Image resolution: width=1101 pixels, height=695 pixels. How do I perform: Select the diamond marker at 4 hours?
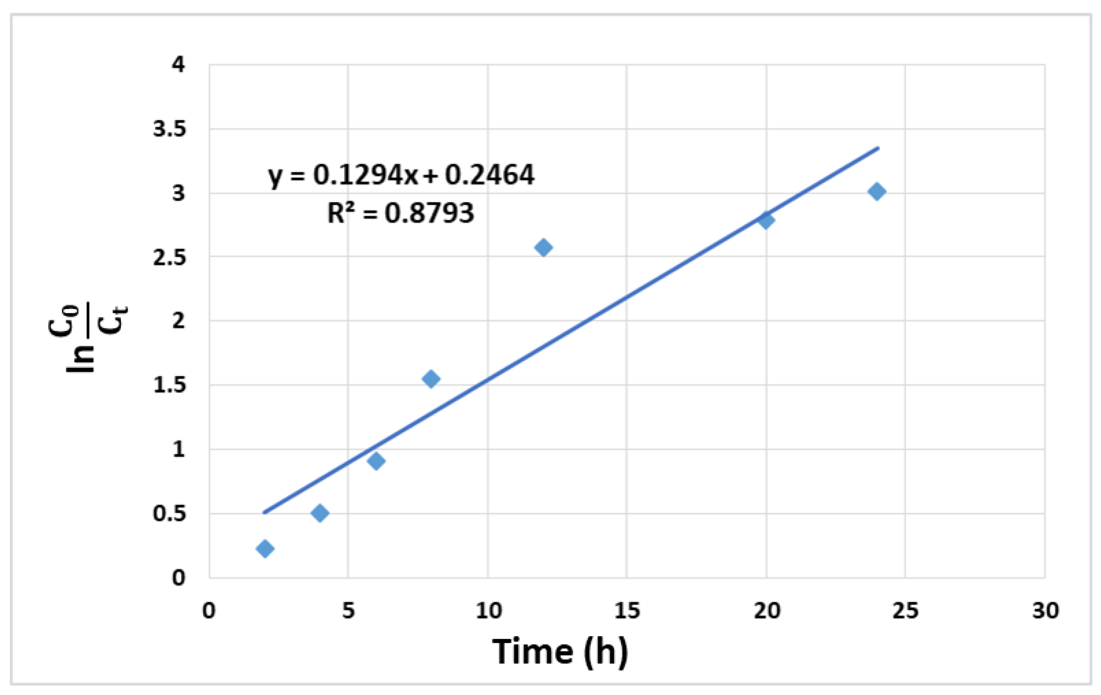tap(320, 513)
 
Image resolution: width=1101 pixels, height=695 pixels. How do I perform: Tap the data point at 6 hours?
tap(376, 461)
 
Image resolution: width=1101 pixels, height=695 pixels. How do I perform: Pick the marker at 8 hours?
tap(431, 379)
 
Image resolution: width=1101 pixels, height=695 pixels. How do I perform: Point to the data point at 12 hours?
tap(544, 247)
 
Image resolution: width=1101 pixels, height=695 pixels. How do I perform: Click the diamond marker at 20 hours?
tap(766, 220)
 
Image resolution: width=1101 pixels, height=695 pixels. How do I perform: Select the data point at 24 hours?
tap(877, 191)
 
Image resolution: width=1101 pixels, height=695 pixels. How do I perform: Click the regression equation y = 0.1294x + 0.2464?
tap(401, 175)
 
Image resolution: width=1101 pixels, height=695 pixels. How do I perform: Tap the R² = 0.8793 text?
tap(401, 213)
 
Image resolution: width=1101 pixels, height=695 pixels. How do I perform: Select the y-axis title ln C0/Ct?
tap(87, 339)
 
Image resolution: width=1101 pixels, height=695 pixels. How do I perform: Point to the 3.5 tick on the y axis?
tap(169, 130)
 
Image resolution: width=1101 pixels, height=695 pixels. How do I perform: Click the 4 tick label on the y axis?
tap(178, 65)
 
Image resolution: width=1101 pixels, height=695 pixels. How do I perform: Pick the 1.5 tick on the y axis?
tap(169, 385)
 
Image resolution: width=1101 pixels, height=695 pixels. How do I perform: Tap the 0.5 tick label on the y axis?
tap(169, 514)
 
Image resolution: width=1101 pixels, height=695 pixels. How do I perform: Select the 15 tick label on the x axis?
tap(627, 610)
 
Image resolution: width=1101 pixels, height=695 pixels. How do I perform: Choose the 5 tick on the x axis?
tap(348, 610)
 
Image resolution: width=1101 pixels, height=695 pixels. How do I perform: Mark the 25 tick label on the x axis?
tap(906, 610)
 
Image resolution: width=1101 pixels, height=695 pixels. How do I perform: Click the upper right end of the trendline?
tap(878, 148)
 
